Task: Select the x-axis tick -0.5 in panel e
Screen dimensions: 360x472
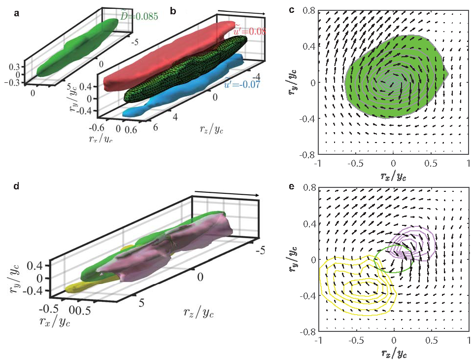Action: [356, 340]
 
